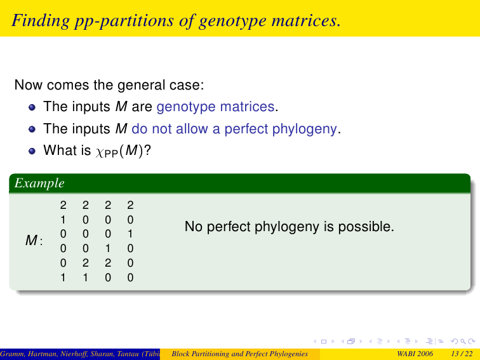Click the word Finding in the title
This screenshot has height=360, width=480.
coord(41,21)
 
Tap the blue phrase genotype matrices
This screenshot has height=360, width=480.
coord(215,107)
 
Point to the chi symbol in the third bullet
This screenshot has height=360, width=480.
coord(99,152)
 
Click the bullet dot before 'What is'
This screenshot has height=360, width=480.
coord(32,151)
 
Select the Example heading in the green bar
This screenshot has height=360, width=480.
coord(39,183)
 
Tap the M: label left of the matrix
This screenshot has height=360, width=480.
coord(34,240)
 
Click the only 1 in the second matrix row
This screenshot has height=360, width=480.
coord(63,220)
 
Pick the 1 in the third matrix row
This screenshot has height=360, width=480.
coord(130,234)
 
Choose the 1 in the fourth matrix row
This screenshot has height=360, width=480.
coord(108,248)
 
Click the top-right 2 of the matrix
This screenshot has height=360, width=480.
coord(130,205)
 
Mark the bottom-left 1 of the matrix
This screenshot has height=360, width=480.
coord(63,277)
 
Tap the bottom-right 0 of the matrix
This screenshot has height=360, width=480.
coord(130,277)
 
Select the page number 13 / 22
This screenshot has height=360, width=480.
coord(462,354)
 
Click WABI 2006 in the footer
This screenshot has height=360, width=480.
coord(415,354)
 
